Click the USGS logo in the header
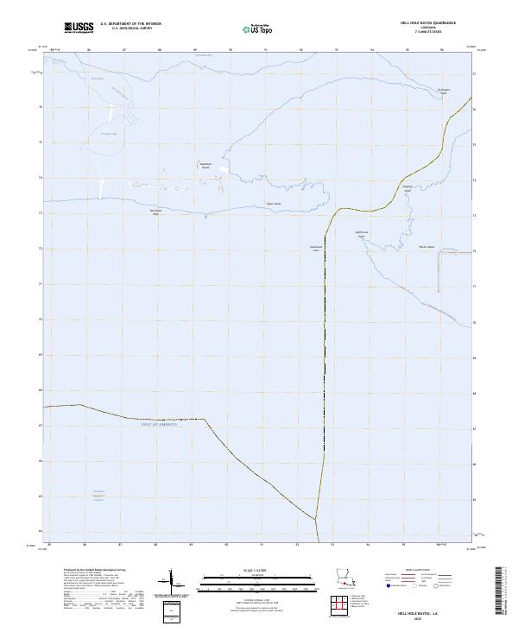click(x=79, y=28)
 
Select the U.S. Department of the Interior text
click(x=130, y=24)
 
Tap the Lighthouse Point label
click(x=363, y=233)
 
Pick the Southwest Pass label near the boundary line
click(x=316, y=248)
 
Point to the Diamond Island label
click(x=205, y=164)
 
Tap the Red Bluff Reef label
click(x=156, y=212)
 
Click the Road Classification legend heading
click(x=424, y=572)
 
